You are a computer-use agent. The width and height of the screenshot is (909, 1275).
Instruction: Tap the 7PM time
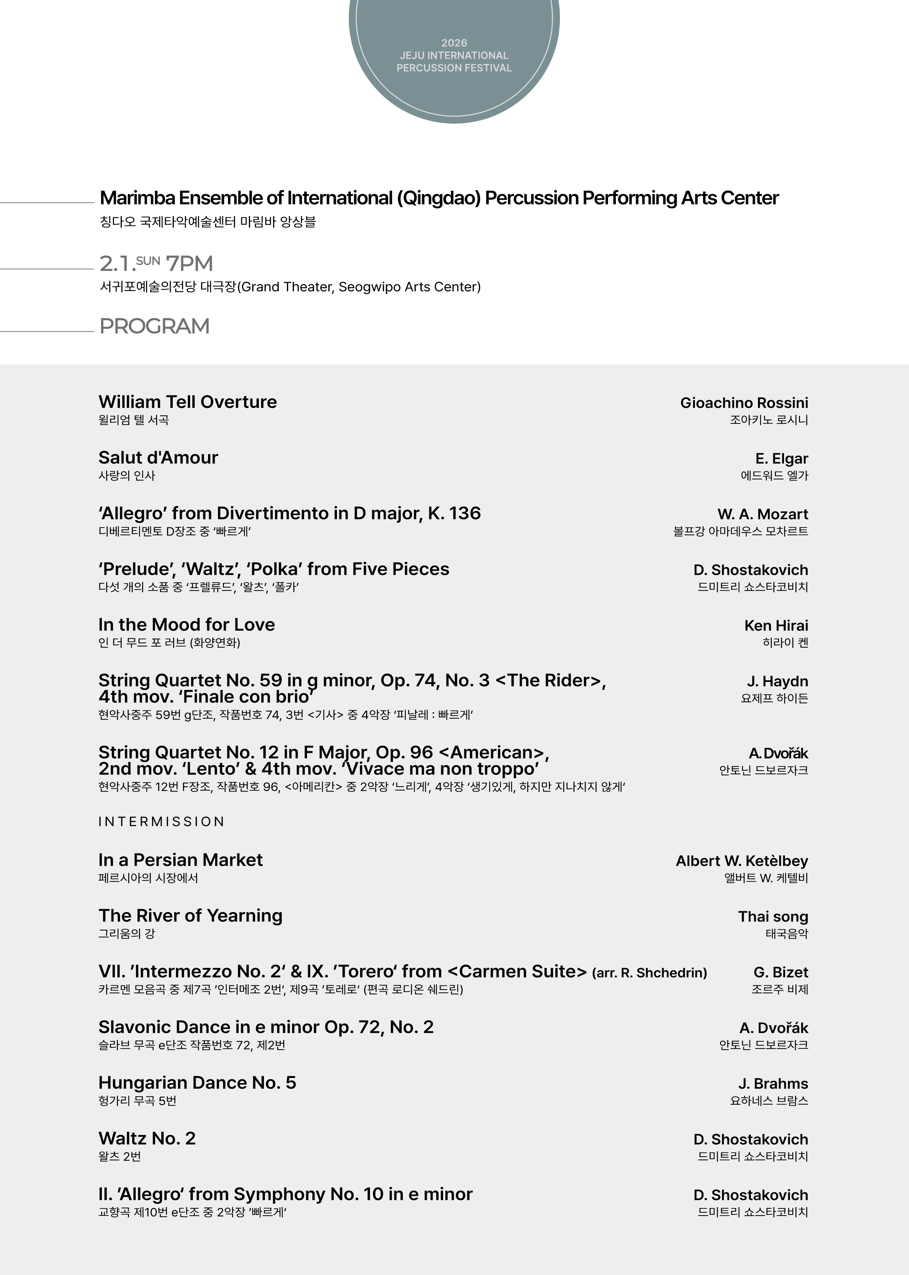(x=189, y=263)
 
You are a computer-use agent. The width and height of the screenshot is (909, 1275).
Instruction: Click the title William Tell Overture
(x=187, y=402)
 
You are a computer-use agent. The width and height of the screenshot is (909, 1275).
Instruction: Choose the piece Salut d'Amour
(x=158, y=458)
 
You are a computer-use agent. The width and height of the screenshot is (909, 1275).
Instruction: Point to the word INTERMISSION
(x=161, y=822)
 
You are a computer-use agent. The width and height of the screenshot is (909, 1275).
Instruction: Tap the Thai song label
(x=773, y=917)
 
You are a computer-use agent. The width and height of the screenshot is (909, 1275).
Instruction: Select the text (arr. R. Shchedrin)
(x=649, y=973)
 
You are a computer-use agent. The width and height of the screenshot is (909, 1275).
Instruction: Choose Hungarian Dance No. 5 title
(x=197, y=1083)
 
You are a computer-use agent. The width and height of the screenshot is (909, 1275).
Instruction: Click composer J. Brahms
(x=773, y=1084)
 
